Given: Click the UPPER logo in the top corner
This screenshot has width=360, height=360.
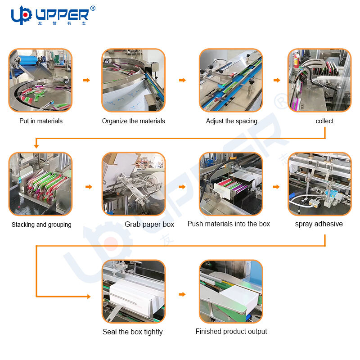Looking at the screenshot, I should coord(49,15).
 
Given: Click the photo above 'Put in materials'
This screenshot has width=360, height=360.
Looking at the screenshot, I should coord(40,80).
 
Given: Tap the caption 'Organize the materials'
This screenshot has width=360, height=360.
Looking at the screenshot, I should coord(133,121).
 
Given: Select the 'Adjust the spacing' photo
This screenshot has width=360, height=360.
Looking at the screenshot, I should coord(231,80).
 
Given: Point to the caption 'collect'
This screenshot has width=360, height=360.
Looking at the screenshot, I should coord(324,121).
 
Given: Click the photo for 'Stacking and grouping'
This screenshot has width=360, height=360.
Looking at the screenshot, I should coord(40,184).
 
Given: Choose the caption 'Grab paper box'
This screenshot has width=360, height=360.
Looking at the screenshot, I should coord(149,224).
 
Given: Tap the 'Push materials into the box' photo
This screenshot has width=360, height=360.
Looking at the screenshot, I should coord(231,184).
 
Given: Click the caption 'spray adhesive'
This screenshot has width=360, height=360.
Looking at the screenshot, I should coord(319,224).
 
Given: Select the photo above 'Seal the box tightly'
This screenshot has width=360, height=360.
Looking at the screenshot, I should coord(133,291).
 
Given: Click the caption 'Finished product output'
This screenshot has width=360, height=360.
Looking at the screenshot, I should coord(231,332).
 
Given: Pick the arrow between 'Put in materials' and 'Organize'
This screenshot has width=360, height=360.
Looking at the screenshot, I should coord(86,80).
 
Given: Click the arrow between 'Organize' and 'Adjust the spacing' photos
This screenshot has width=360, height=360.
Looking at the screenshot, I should coord(182,80).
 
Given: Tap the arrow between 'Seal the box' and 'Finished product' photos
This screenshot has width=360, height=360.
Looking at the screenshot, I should coord(182,294).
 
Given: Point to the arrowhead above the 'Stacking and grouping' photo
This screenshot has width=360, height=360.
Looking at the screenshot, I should coord(36,146).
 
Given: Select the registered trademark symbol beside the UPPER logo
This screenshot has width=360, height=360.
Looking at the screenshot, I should coord(93,8).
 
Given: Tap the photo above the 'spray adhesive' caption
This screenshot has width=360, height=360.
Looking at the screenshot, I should coord(319,184).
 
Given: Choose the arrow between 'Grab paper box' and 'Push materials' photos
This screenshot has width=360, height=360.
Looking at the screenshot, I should coord(182,186).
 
